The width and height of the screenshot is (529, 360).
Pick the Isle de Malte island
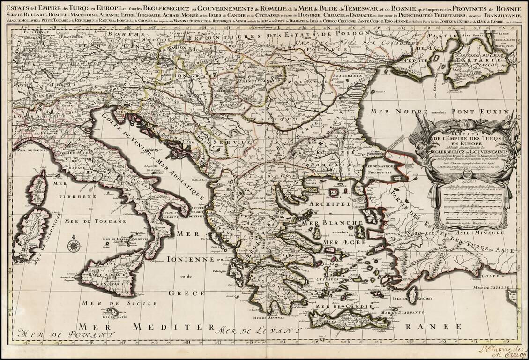(x=113, y=312)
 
